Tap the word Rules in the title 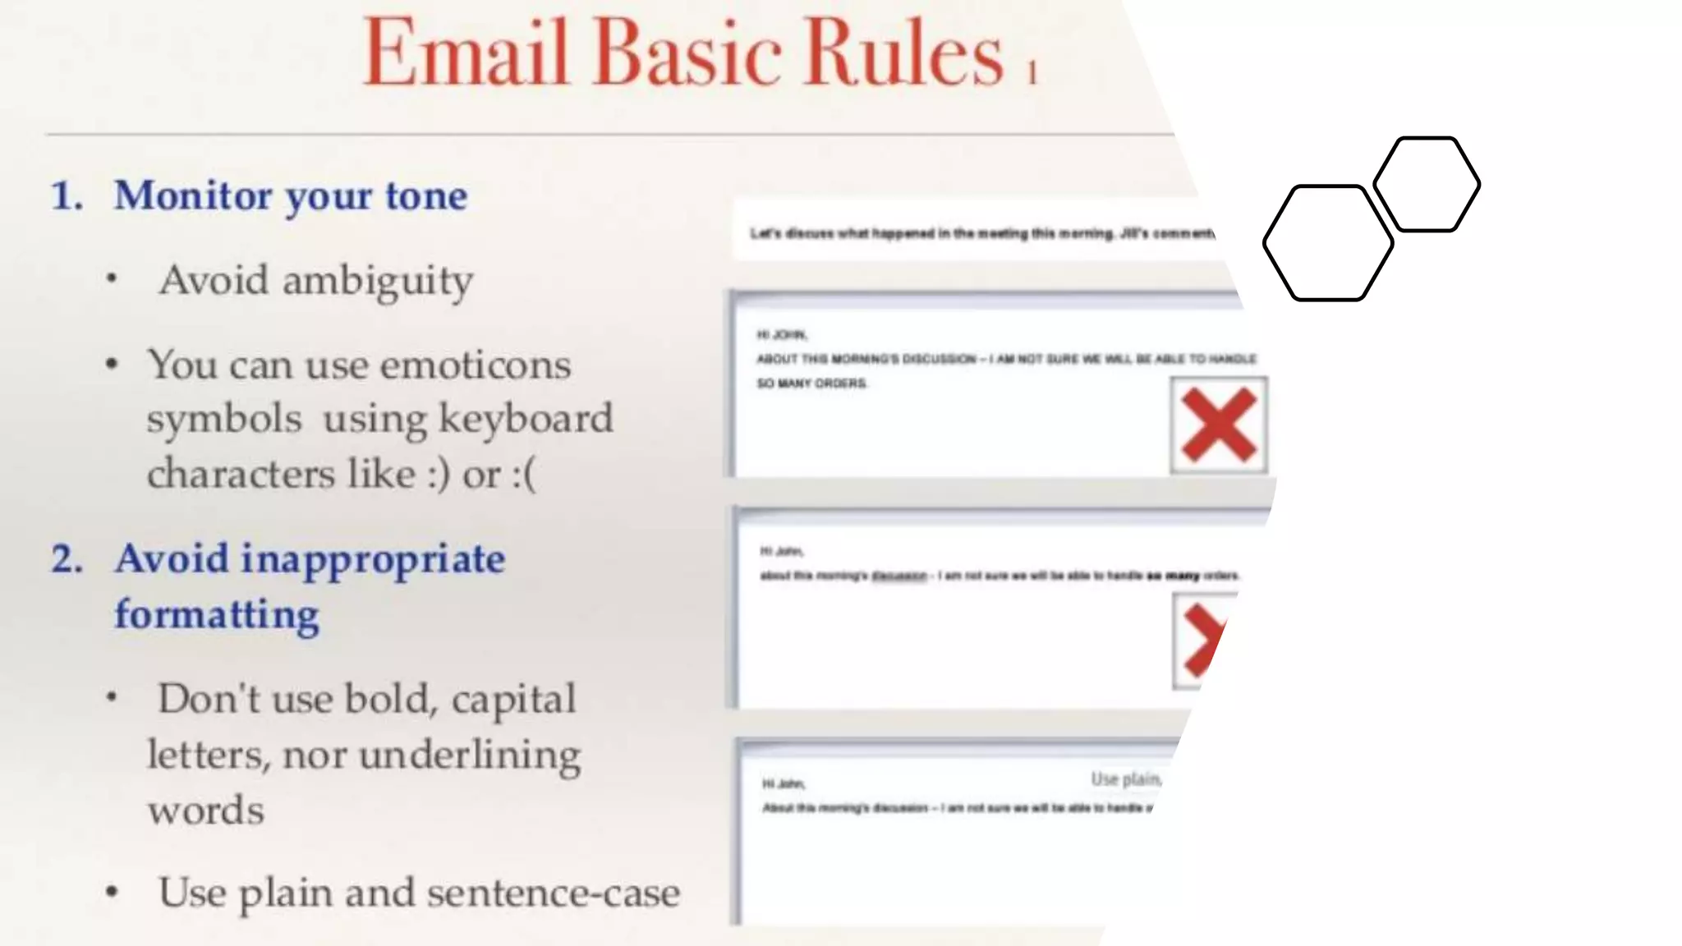pos(903,53)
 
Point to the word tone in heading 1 pos(426,196)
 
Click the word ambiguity pos(378,282)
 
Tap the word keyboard pos(526,419)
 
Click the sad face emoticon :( pos(524,475)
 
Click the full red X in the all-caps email pos(1219,425)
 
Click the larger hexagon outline pos(1328,243)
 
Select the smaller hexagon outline pos(1427,184)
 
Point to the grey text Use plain pos(1125,778)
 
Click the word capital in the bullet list pos(513,700)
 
